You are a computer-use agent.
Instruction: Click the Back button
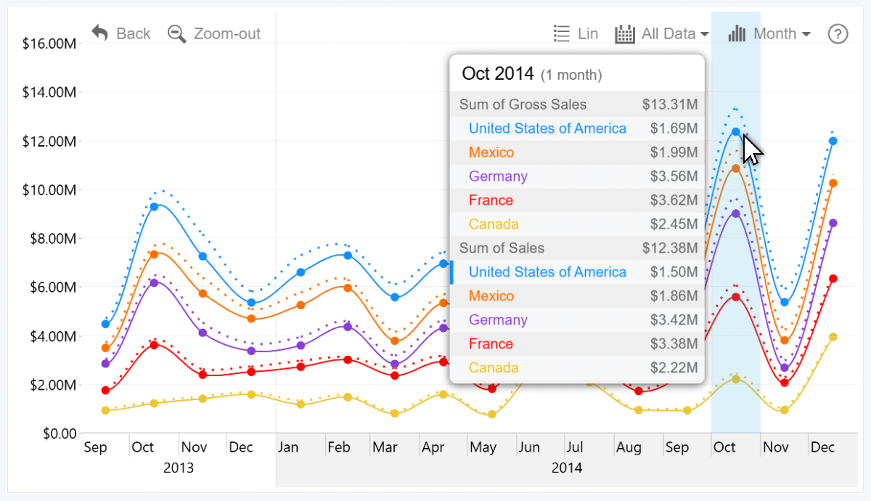click(x=121, y=33)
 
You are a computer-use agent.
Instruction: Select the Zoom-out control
click(x=214, y=33)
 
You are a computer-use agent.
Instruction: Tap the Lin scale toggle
click(x=576, y=33)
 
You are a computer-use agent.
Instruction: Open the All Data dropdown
click(x=662, y=33)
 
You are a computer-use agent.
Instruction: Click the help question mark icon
click(x=838, y=33)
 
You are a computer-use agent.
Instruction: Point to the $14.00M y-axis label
click(x=50, y=92)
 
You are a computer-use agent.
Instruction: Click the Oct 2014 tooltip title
click(x=498, y=73)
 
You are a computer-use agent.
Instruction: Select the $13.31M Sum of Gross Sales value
click(x=669, y=105)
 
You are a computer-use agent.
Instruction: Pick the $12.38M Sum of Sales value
click(x=669, y=248)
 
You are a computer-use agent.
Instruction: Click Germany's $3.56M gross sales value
click(x=674, y=176)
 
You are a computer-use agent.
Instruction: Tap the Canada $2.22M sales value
click(x=674, y=367)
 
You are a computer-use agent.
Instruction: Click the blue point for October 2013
click(x=154, y=207)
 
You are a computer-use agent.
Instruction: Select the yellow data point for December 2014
click(x=833, y=337)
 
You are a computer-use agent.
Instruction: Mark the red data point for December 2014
click(x=833, y=279)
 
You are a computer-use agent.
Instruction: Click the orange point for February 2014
click(x=348, y=288)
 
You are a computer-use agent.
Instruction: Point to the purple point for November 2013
click(x=203, y=333)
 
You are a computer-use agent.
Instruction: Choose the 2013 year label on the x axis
click(x=179, y=468)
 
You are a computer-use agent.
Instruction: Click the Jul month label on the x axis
click(x=574, y=447)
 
